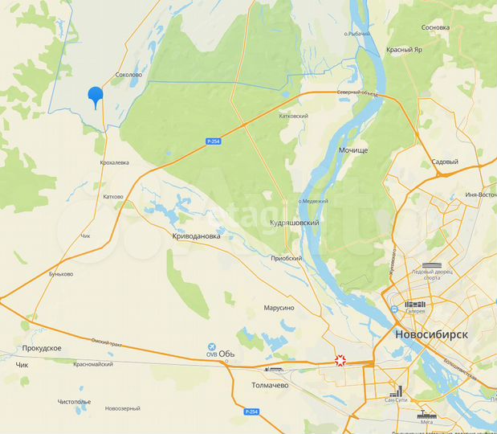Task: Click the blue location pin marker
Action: (x=96, y=96)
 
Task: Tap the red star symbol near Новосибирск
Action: (x=341, y=361)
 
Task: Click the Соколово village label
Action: (x=128, y=75)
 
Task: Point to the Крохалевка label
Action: (x=114, y=162)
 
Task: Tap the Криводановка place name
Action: (x=196, y=236)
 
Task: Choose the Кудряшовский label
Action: (x=295, y=223)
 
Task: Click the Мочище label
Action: (x=353, y=150)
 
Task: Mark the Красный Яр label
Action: (x=404, y=49)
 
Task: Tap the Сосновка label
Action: (x=435, y=27)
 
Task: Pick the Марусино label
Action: (x=279, y=308)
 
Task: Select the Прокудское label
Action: (x=42, y=348)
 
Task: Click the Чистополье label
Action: (x=74, y=402)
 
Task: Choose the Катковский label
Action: (x=293, y=116)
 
